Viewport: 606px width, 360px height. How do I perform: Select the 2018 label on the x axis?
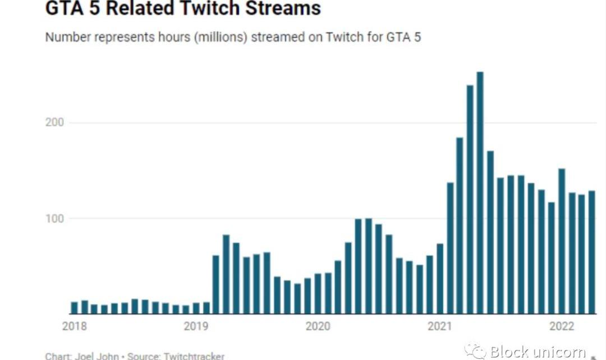(x=74, y=326)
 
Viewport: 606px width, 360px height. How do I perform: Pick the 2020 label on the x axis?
(x=318, y=326)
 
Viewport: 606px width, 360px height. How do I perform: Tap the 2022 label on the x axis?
(x=561, y=326)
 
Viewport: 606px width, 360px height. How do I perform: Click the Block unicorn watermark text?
(x=538, y=352)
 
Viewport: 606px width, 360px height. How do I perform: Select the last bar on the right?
(x=591, y=252)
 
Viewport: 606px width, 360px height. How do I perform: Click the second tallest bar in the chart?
(x=470, y=199)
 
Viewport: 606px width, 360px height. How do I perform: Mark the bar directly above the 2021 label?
(x=439, y=278)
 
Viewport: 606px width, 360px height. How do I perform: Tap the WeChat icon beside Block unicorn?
(x=475, y=352)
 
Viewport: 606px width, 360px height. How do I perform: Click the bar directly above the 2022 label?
(x=561, y=241)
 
